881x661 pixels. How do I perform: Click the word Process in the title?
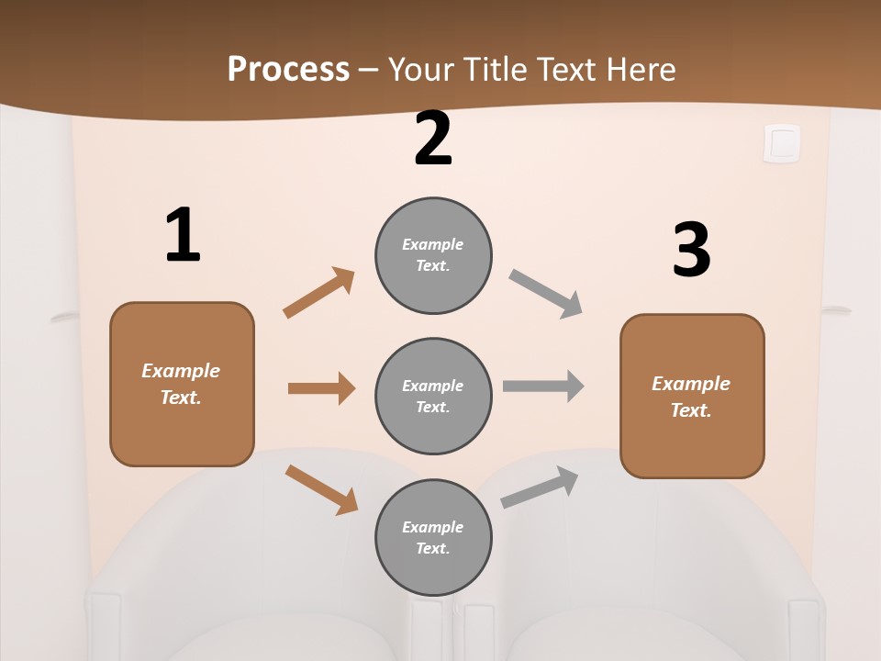(288, 70)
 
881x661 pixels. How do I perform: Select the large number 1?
(183, 236)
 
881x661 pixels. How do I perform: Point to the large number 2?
(433, 139)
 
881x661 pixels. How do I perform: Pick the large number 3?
(692, 251)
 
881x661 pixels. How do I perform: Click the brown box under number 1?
(182, 384)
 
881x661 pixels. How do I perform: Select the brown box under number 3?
(692, 397)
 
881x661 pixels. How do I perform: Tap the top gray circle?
(433, 255)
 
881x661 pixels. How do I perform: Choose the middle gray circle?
(433, 397)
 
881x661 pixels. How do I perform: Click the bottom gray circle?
(433, 538)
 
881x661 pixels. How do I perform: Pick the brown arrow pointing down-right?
(321, 489)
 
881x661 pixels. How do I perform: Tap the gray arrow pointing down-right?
(546, 294)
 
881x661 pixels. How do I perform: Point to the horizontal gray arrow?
(543, 386)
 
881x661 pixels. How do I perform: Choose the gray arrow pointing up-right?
(540, 487)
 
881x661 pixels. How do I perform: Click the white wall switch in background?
(782, 143)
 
